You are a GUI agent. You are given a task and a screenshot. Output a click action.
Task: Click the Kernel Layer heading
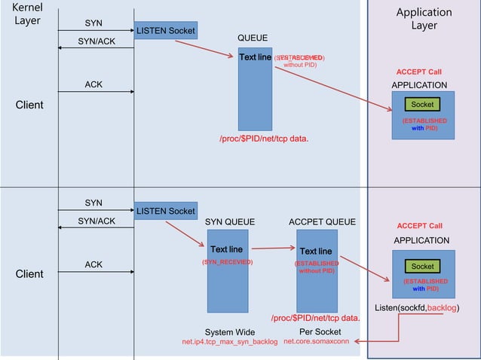[27, 14]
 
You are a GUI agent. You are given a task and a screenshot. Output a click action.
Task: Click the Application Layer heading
[424, 19]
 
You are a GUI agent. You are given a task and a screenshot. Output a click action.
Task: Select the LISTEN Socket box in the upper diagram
[166, 31]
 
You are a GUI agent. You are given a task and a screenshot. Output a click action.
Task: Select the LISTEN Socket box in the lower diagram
[166, 211]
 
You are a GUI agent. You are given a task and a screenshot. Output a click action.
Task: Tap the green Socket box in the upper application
[422, 105]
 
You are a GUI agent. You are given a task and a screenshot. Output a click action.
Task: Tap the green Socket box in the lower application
[422, 266]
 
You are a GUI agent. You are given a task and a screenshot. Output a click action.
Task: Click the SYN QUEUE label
[230, 222]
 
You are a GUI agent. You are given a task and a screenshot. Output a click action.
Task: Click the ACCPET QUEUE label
[322, 222]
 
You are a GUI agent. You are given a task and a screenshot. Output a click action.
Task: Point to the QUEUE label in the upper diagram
[252, 38]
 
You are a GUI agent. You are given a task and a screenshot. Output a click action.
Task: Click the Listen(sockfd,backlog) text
[417, 308]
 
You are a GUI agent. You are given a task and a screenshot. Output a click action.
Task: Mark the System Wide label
[230, 332]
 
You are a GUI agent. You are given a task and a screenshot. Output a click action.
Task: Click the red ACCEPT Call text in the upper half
[419, 72]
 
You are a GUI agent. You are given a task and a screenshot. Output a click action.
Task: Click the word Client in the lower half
[29, 274]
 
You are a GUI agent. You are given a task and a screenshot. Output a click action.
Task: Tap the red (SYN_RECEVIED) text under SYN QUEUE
[227, 262]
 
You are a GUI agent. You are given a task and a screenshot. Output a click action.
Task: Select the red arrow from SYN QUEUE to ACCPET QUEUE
[272, 248]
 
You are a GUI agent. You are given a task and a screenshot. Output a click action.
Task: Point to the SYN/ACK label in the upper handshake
[97, 41]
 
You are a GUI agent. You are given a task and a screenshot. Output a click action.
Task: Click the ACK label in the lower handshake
[93, 264]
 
